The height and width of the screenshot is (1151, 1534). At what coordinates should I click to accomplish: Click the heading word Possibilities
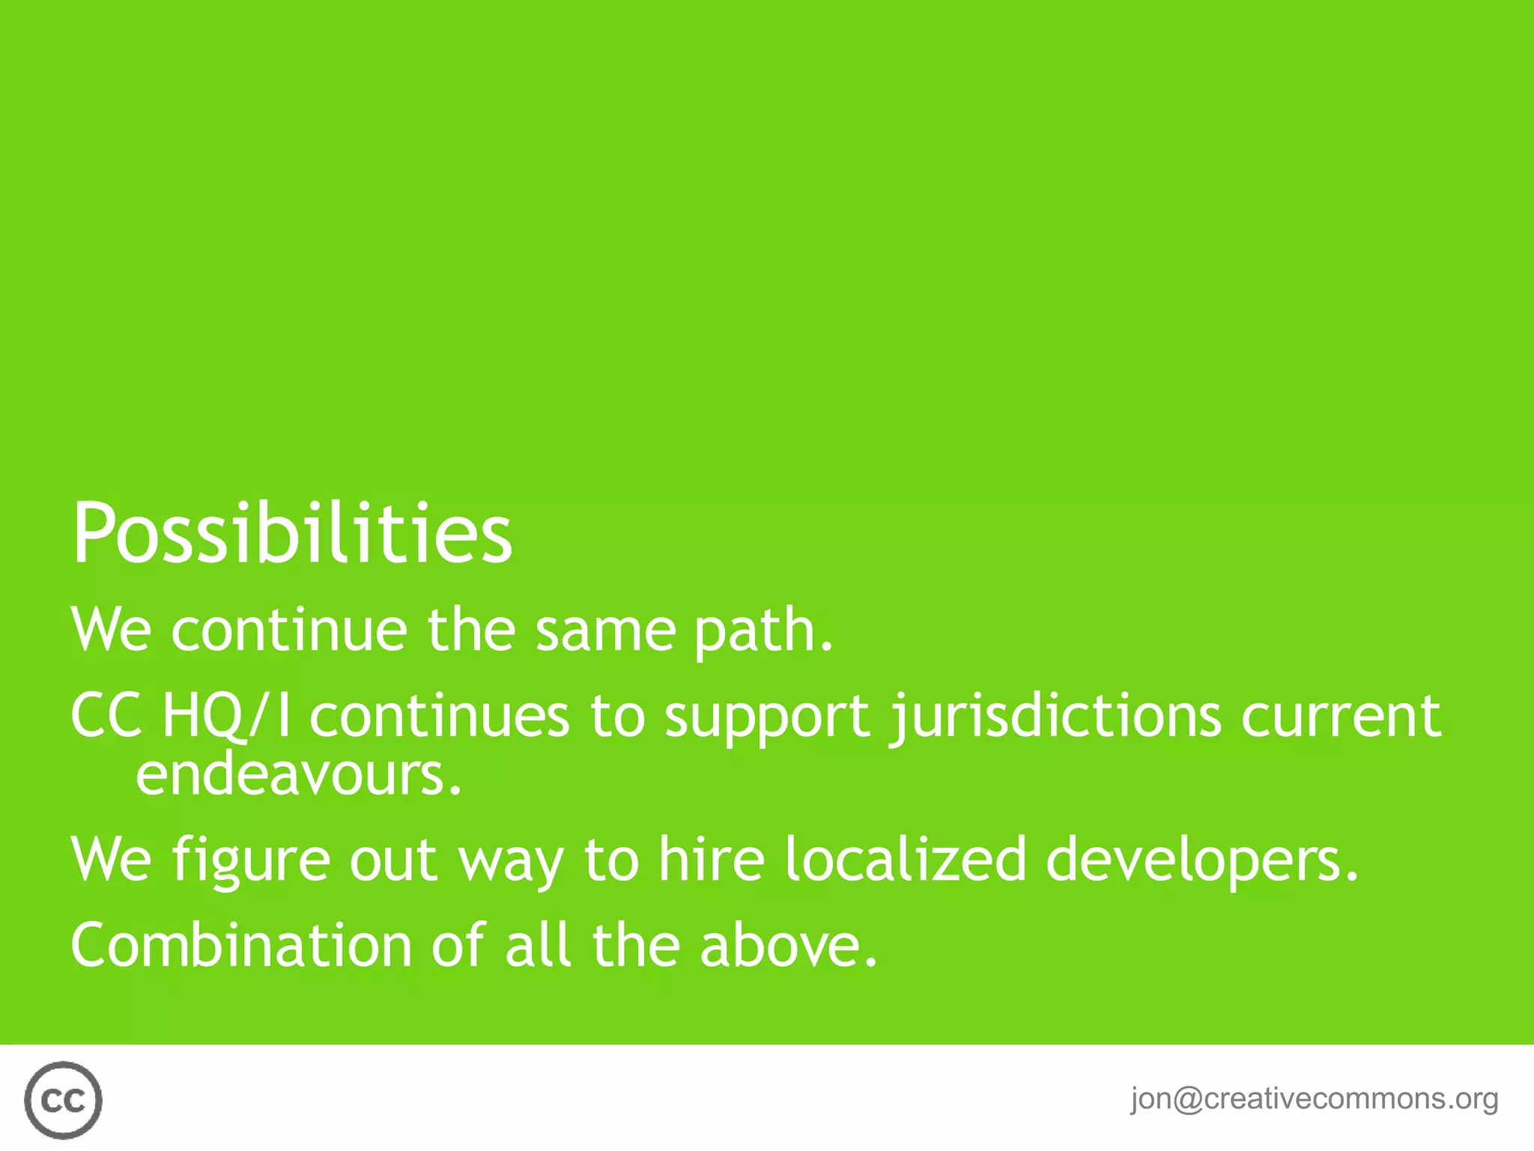[292, 533]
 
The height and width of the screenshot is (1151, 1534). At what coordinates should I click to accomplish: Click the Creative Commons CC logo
[63, 1100]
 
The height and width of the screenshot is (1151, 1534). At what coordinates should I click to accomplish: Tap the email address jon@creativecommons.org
[1314, 1099]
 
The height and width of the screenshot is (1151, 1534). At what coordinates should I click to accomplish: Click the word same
[605, 631]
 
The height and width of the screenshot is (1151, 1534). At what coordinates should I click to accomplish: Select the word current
[1341, 716]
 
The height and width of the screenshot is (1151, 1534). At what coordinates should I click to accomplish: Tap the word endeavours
[298, 774]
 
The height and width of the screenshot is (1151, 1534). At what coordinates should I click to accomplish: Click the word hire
[712, 859]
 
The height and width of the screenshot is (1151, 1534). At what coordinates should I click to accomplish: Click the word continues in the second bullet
[440, 716]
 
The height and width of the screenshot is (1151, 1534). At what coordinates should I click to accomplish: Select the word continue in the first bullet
[289, 631]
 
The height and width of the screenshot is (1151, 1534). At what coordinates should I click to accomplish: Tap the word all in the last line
[539, 945]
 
